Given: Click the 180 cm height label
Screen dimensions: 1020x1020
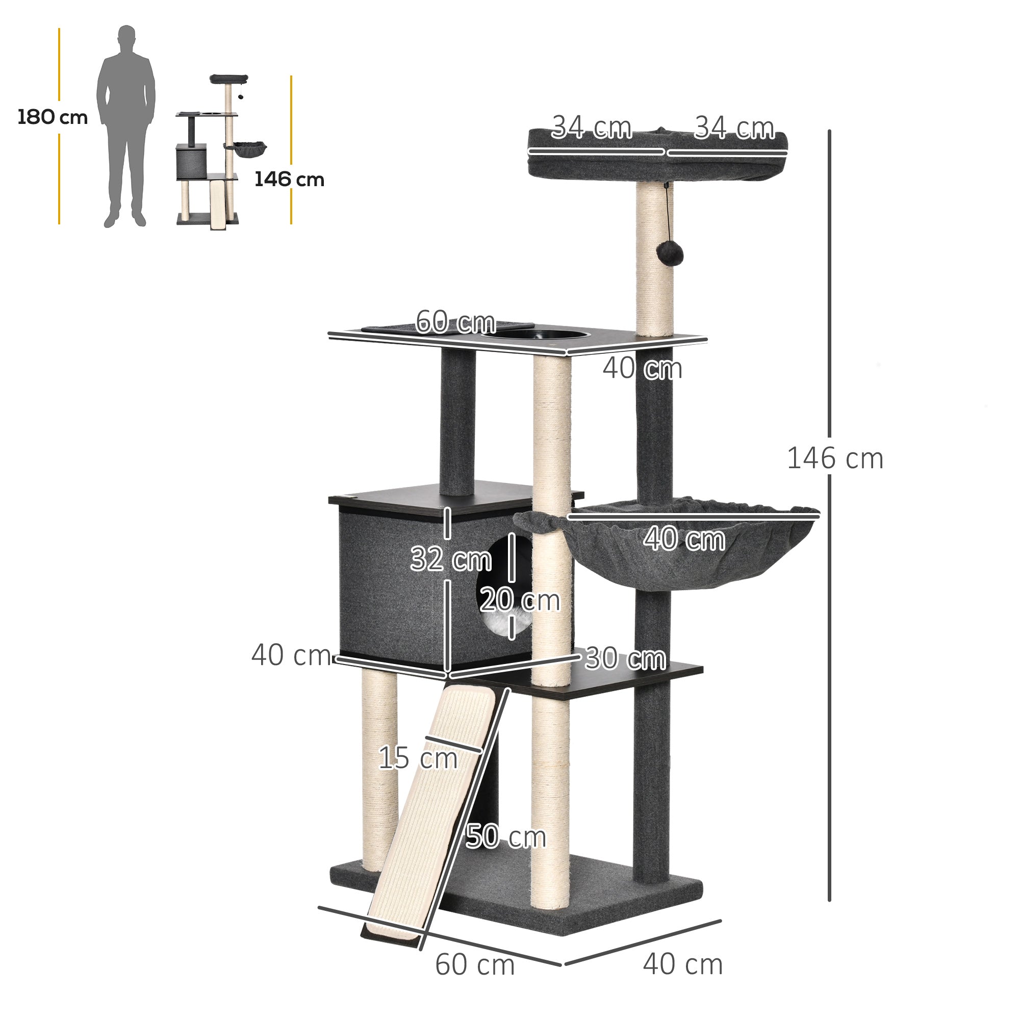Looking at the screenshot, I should [52, 117].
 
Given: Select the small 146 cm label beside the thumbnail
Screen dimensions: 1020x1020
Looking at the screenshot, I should [289, 180].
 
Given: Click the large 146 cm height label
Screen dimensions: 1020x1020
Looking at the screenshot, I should [835, 458].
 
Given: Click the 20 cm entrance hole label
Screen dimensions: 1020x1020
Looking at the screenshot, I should [520, 600].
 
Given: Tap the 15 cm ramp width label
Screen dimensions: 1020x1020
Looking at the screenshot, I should [418, 758].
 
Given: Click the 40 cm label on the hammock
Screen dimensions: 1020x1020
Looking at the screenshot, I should [684, 539].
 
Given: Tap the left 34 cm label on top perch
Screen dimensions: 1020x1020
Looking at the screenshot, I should [591, 129].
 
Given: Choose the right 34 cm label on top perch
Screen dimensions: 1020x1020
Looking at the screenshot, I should [734, 129].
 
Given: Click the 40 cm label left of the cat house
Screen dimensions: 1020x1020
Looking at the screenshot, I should [291, 655].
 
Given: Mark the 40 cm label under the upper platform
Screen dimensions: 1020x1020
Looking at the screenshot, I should [642, 368].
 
